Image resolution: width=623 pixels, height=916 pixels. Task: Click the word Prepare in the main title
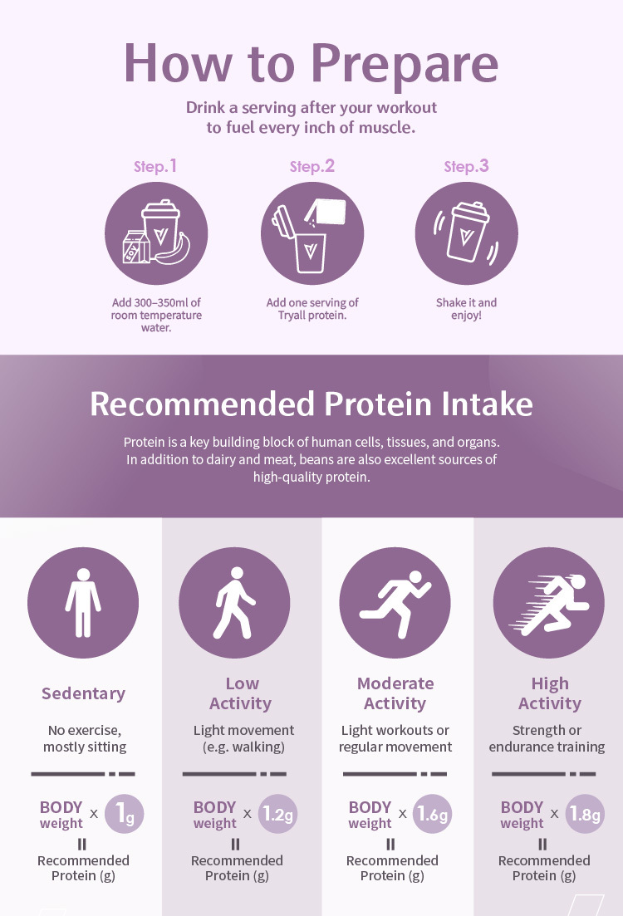pyautogui.click(x=405, y=65)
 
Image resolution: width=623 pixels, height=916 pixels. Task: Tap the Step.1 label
pyautogui.click(x=155, y=166)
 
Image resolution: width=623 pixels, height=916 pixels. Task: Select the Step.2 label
pyautogui.click(x=312, y=166)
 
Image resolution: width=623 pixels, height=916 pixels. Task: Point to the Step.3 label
pyautogui.click(x=466, y=166)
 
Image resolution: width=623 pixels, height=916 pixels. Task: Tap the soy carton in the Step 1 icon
pyautogui.click(x=135, y=247)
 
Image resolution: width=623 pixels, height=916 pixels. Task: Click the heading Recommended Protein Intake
pyautogui.click(x=311, y=404)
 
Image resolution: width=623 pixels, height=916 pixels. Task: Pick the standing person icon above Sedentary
pyautogui.click(x=83, y=602)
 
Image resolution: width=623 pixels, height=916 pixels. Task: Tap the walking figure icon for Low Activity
pyautogui.click(x=233, y=602)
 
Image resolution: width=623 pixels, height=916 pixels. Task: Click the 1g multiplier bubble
pyautogui.click(x=124, y=814)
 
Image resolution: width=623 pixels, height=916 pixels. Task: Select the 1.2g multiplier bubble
pyautogui.click(x=277, y=814)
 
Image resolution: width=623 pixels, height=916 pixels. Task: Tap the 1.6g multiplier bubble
pyautogui.click(x=433, y=814)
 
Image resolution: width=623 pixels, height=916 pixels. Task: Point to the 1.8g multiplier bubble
pyautogui.click(x=585, y=814)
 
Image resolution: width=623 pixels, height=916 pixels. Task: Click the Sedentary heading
pyautogui.click(x=84, y=693)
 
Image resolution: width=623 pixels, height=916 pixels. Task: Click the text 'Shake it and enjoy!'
pyautogui.click(x=466, y=309)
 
